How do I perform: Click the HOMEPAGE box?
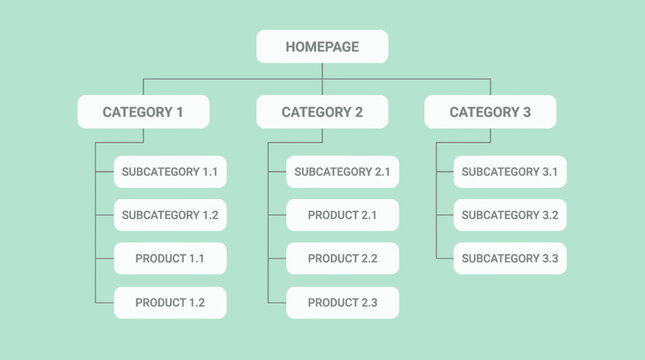click(x=322, y=47)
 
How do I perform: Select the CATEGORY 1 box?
click(x=143, y=112)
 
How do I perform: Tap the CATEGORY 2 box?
click(x=322, y=112)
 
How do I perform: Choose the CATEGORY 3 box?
click(x=490, y=112)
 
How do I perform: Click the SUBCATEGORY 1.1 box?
click(x=170, y=172)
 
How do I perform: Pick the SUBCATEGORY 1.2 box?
click(x=170, y=215)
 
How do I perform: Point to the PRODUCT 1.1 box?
click(x=170, y=259)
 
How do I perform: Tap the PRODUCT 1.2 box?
click(x=170, y=302)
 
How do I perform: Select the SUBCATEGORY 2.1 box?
click(x=342, y=172)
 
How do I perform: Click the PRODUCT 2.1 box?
click(x=342, y=215)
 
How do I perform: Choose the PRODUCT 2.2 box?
click(x=342, y=259)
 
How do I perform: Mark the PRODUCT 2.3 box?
click(x=342, y=302)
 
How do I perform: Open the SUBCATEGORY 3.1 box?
click(x=510, y=172)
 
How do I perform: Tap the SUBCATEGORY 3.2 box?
click(x=510, y=215)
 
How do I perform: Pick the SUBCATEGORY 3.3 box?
click(x=510, y=259)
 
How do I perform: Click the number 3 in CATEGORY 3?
click(x=527, y=112)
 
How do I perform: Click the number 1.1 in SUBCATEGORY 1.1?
click(x=210, y=172)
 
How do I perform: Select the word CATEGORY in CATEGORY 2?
click(x=315, y=112)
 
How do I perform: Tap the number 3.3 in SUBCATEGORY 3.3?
click(x=549, y=259)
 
